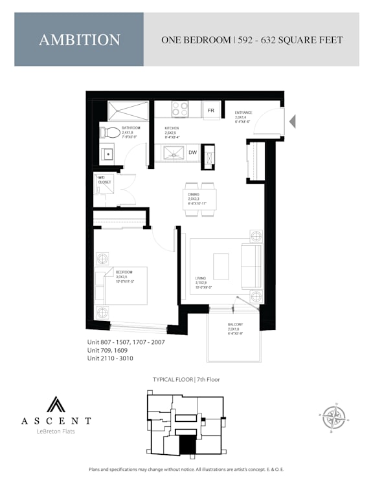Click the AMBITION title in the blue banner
(x=79, y=39)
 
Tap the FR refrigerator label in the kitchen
(x=210, y=111)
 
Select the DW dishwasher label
(x=192, y=153)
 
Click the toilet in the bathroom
(x=111, y=133)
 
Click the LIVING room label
(x=201, y=279)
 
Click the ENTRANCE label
(x=243, y=113)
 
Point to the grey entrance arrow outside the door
(x=291, y=120)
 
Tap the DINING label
(x=193, y=194)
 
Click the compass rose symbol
(x=333, y=416)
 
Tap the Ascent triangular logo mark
(x=56, y=404)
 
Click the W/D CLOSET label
(x=104, y=179)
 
